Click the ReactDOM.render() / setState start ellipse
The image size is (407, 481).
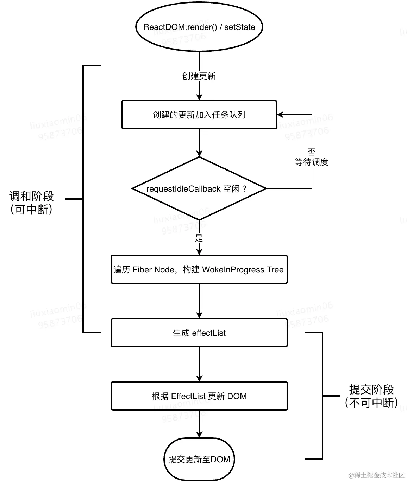tap(199, 27)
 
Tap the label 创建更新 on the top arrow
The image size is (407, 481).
tap(199, 76)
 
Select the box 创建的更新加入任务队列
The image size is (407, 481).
tap(199, 115)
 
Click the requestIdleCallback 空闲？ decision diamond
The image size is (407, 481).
tap(199, 189)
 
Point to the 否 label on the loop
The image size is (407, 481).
tap(312, 152)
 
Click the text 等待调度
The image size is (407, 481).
tap(312, 162)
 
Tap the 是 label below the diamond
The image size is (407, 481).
tap(199, 238)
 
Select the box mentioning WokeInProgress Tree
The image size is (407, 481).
tap(199, 270)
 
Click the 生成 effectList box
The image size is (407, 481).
tap(199, 333)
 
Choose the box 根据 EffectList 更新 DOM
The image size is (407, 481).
tap(199, 396)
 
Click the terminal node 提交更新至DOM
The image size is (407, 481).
tap(199, 460)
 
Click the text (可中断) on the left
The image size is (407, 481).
tap(32, 210)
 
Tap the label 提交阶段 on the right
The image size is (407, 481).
tap(371, 389)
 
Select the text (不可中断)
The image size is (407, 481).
tap(371, 403)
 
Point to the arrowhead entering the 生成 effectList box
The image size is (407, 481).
tap(199, 315)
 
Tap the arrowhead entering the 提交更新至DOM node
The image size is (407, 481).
tap(199, 435)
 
